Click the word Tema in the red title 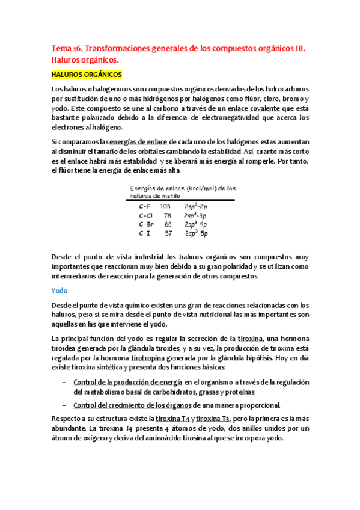coord(61,48)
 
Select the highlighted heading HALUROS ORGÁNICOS coord(87,75)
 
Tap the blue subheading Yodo coord(59,290)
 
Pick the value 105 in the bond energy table coord(165,206)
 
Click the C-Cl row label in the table coord(145,215)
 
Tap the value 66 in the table coord(168,224)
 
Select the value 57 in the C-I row coord(168,233)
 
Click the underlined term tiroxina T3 coord(213,419)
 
